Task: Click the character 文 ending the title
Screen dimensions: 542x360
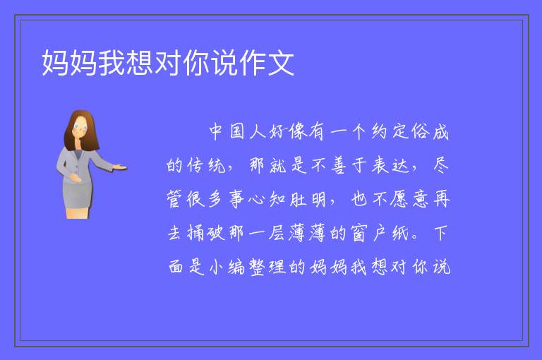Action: (281, 63)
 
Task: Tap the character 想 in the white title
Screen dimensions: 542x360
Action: (139, 63)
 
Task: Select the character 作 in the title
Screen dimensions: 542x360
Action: (253, 63)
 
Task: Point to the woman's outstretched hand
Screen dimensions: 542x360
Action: (119, 168)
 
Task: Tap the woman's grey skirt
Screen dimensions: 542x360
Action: (78, 196)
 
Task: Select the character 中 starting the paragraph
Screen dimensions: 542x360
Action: (216, 131)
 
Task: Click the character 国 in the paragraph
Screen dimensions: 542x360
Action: (237, 132)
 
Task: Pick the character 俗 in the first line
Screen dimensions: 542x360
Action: (420, 132)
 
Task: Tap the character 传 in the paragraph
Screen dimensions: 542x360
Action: (195, 165)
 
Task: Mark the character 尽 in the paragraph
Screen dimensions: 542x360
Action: (441, 165)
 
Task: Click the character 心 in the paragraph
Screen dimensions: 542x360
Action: (256, 200)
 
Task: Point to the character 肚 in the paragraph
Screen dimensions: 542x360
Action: (298, 199)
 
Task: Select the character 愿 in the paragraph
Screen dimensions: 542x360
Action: (399, 199)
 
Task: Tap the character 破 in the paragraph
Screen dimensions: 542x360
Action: (216, 233)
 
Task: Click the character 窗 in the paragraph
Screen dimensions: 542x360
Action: (359, 233)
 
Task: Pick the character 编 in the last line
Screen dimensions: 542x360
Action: (236, 267)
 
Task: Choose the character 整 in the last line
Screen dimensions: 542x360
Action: (257, 267)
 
